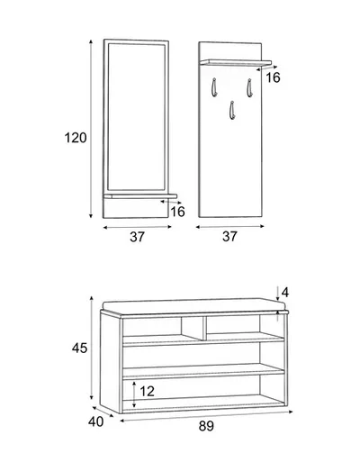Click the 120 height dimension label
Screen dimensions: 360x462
click(x=76, y=138)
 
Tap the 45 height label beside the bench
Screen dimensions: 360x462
click(x=79, y=348)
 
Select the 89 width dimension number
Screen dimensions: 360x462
click(x=206, y=426)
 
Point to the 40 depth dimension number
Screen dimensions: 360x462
click(x=96, y=421)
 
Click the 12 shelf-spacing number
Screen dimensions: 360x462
click(x=147, y=391)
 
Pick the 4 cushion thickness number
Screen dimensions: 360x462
click(x=285, y=292)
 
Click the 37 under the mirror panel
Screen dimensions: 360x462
click(x=137, y=237)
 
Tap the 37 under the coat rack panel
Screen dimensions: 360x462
click(x=229, y=237)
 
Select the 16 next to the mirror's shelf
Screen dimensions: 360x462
click(x=177, y=212)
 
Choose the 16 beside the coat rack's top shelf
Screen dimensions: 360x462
click(x=273, y=77)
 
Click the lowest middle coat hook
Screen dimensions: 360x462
click(x=232, y=111)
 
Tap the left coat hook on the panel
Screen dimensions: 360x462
click(x=213, y=87)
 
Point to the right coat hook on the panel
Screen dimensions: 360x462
click(x=249, y=88)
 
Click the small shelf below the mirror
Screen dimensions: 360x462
click(x=140, y=196)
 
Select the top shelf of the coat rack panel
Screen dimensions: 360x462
click(x=236, y=62)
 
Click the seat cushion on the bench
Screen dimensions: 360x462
click(x=193, y=304)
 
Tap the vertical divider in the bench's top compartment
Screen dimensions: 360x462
click(x=204, y=328)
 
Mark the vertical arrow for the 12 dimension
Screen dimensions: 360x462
click(x=134, y=394)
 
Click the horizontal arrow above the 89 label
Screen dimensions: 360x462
click(x=206, y=416)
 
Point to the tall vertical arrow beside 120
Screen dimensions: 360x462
click(x=91, y=129)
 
